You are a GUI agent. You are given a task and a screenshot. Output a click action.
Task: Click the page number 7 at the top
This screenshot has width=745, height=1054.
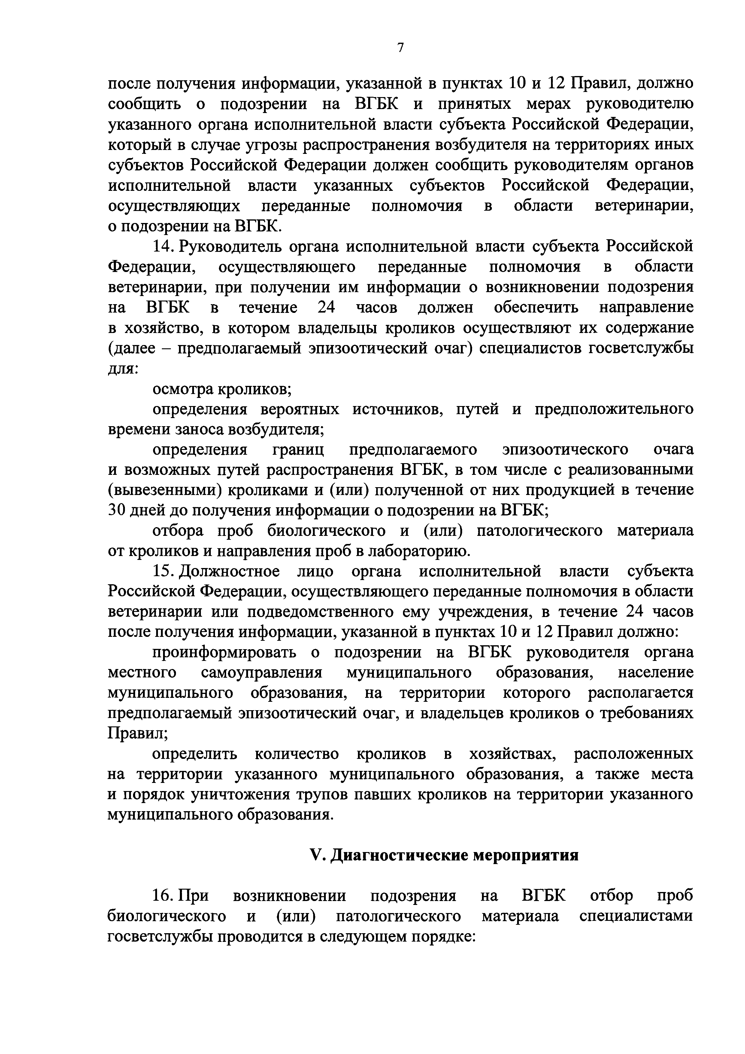tap(400, 48)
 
